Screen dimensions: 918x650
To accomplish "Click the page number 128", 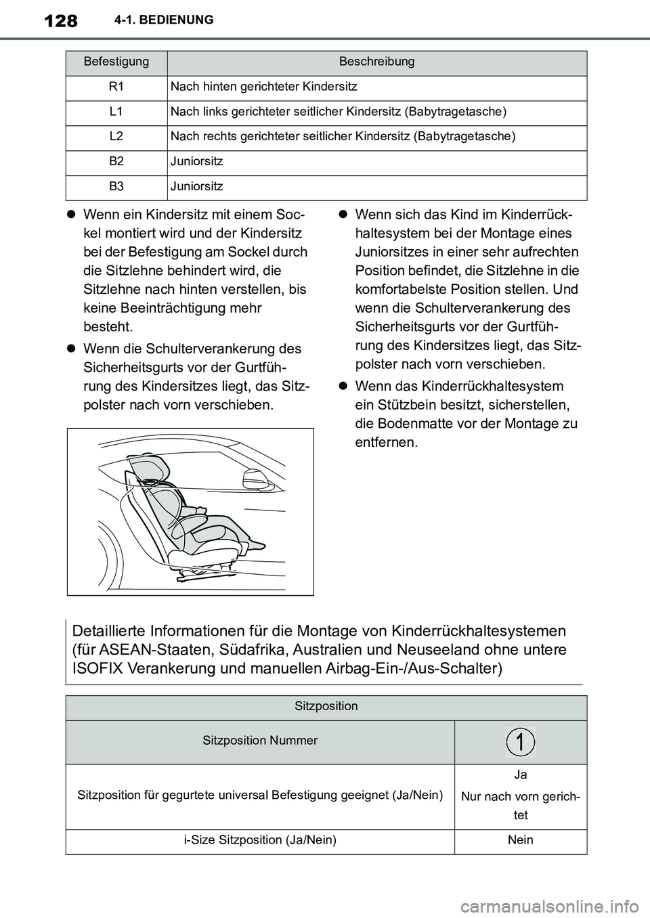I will pos(59,21).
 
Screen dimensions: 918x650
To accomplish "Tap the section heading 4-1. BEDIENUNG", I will pos(161,20).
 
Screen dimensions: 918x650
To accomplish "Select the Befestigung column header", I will pos(116,62).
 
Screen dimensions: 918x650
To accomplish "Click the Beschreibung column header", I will pos(376,62).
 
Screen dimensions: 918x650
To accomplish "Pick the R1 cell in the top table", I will pos(116,87).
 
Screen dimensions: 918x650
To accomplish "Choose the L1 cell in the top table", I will pos(116,112).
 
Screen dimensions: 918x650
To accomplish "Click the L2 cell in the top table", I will pos(116,137).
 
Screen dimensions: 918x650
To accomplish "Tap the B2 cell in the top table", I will pos(116,162).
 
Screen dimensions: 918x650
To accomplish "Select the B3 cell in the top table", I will pos(116,186).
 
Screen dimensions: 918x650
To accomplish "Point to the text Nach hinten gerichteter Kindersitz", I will pos(263,87).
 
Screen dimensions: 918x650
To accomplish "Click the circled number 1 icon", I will pos(520,742).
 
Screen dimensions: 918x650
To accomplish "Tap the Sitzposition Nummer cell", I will pos(260,741).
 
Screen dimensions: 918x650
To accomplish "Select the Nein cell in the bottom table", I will pos(520,840).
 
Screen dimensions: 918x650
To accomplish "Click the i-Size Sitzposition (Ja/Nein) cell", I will pos(260,840).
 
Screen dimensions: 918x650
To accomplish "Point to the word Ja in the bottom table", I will pos(520,774).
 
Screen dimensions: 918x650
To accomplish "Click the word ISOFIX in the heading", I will pos(97,669).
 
